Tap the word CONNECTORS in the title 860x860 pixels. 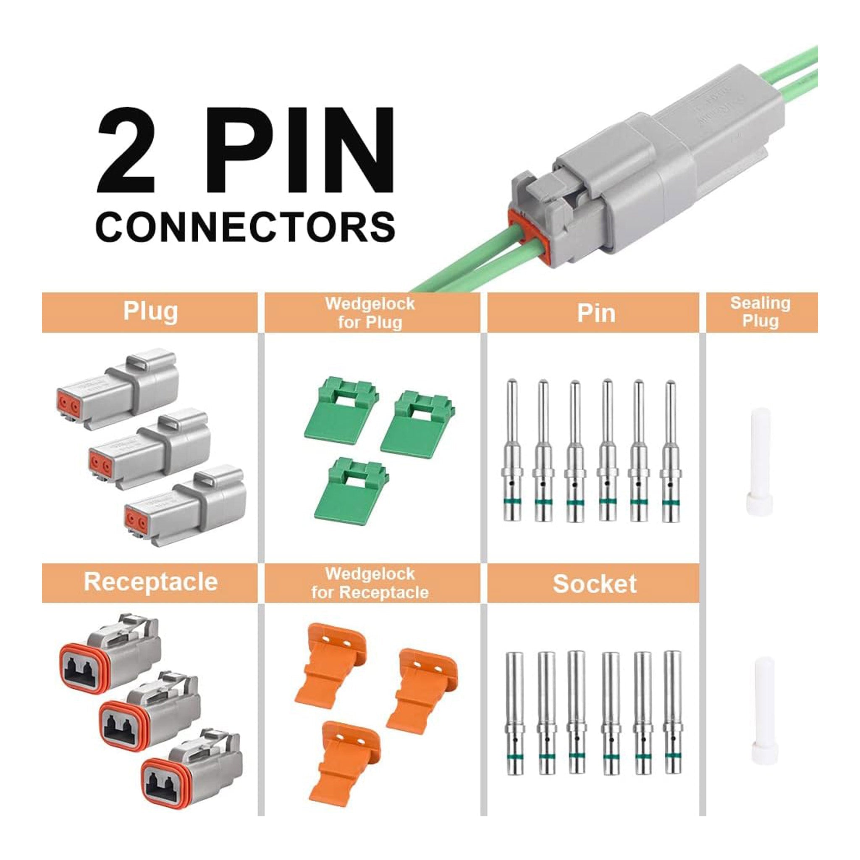tap(245, 228)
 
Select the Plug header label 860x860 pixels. tap(150, 311)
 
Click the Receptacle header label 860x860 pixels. tap(150, 582)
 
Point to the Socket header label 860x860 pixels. tap(594, 584)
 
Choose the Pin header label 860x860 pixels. tap(596, 313)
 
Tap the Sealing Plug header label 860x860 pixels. tap(760, 312)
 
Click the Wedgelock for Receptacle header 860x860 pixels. tap(370, 583)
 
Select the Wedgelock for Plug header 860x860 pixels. tap(370, 312)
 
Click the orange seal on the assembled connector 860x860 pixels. tap(525, 231)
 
